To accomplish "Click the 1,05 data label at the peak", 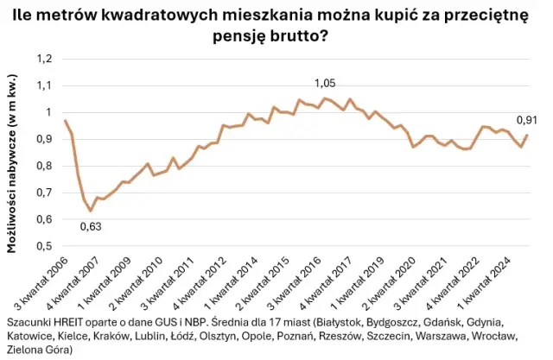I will pyautogui.click(x=324, y=83).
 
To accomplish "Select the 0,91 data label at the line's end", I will pyautogui.click(x=527, y=120).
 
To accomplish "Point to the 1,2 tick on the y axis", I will pyautogui.click(x=42, y=59).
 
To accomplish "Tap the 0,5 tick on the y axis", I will pyautogui.click(x=42, y=245).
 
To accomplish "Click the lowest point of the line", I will pyautogui.click(x=90, y=211).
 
